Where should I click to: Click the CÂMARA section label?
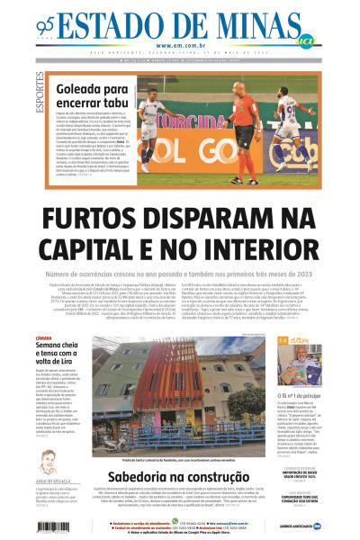pyautogui.click(x=45, y=337)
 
